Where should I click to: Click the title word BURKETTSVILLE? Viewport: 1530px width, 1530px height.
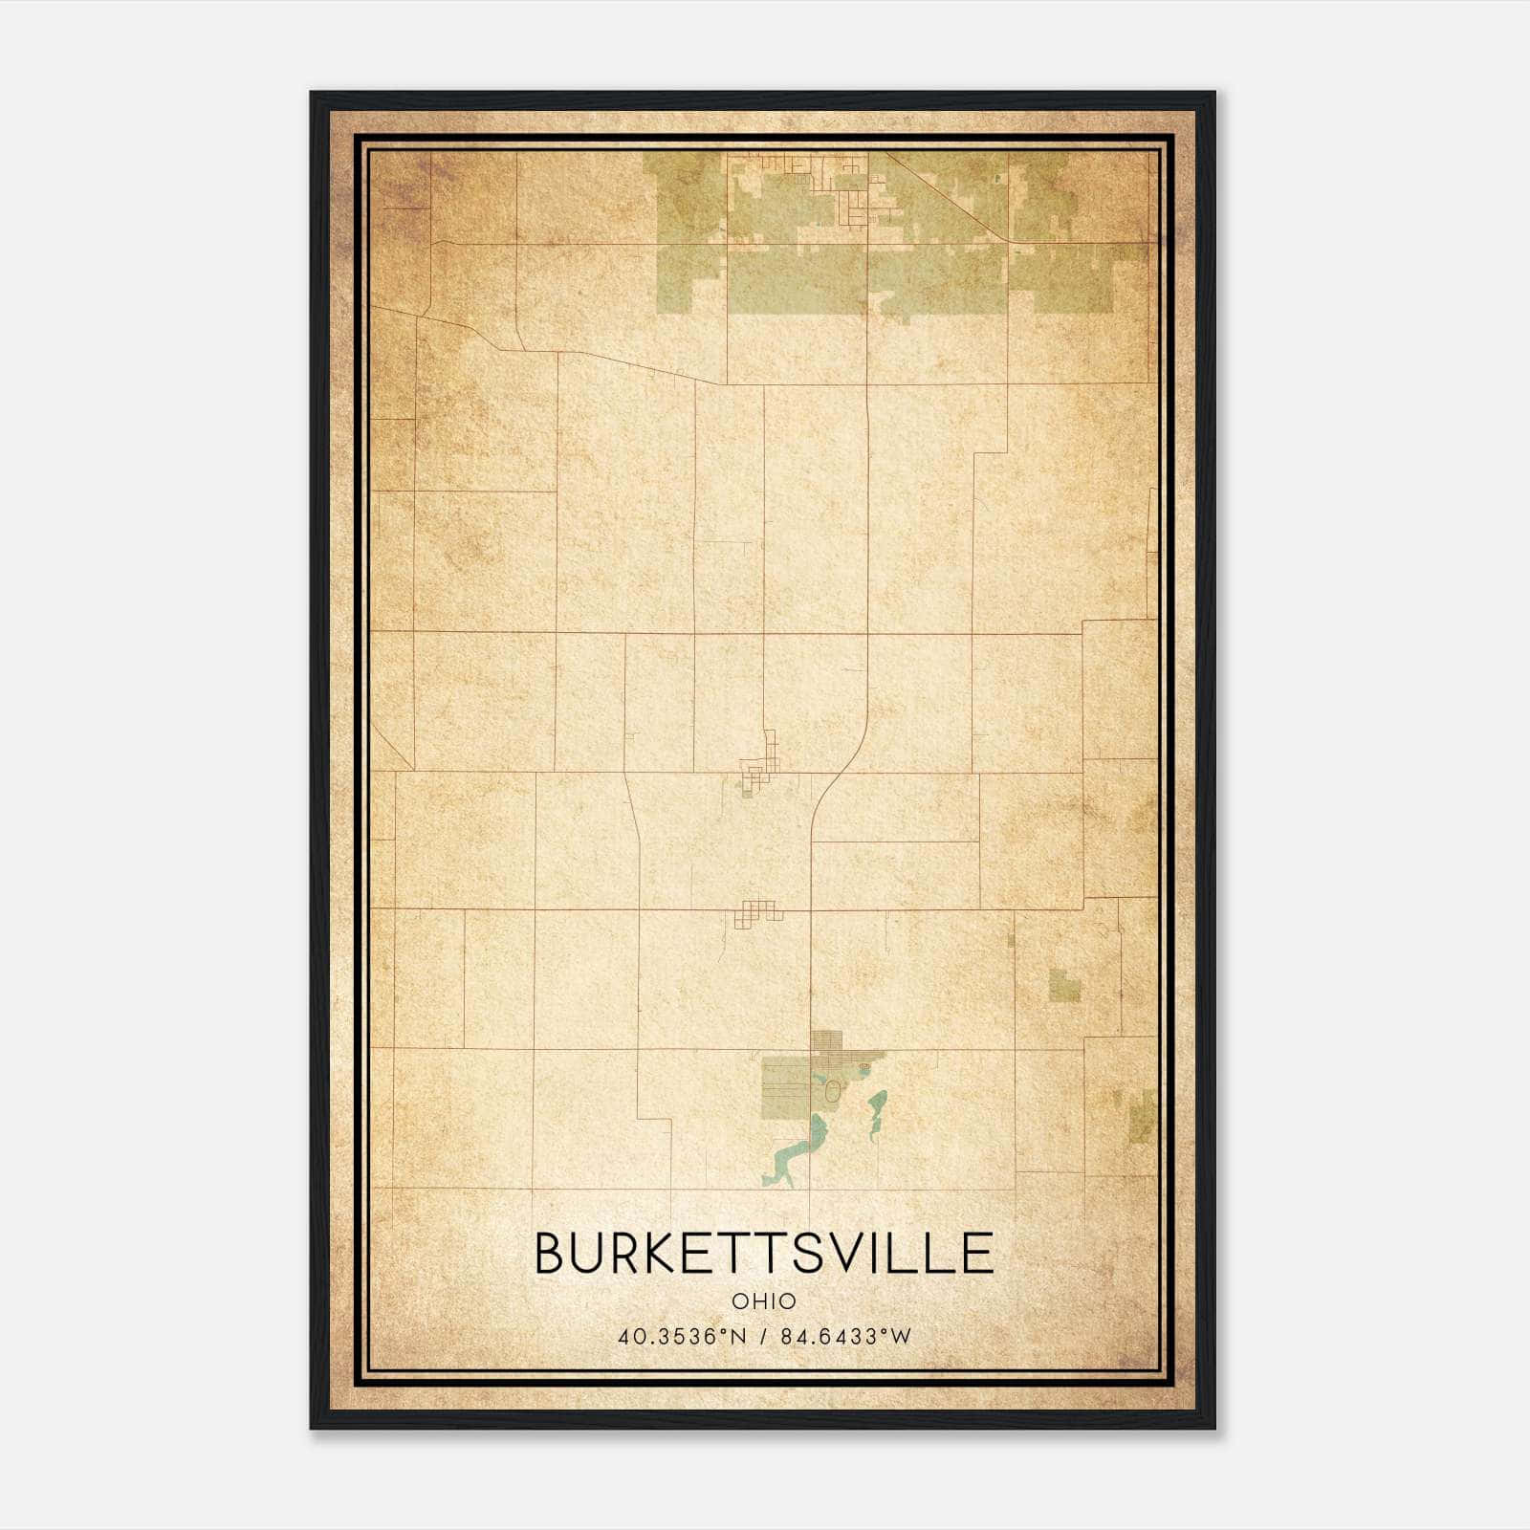764,1253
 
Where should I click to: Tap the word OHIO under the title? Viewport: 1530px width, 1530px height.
764,1301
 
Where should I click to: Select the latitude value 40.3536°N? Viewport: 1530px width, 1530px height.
667,1336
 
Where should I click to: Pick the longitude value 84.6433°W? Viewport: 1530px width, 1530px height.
846,1336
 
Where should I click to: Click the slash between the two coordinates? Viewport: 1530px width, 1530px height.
763,1336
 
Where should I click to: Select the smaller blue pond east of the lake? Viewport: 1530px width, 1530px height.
874,1114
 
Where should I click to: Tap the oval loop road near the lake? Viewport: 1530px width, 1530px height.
833,1090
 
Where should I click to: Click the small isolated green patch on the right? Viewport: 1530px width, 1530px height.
1064,985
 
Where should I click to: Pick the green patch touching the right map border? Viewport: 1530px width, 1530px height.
1142,1116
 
